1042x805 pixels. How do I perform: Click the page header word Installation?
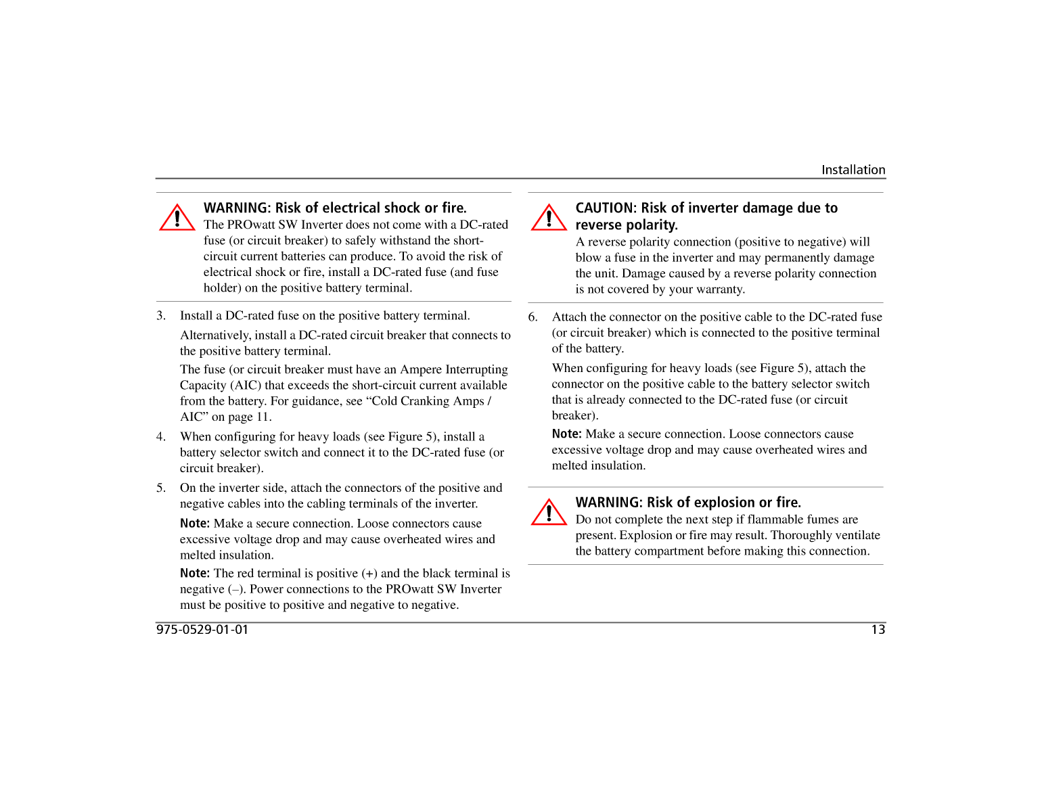point(853,170)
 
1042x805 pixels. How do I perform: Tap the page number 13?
point(878,630)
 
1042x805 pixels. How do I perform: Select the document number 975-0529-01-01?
point(202,630)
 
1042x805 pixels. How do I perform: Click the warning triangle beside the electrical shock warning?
point(177,218)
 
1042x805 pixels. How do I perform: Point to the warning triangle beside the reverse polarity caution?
point(549,218)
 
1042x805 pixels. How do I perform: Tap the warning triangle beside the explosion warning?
point(549,512)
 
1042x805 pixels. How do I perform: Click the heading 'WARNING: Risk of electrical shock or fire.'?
point(335,208)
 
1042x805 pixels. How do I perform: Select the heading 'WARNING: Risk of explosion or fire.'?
point(687,502)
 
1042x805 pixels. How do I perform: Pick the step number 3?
point(160,316)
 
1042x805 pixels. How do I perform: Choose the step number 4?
point(160,437)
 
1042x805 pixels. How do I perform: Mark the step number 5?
point(160,488)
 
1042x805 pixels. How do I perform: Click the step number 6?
point(533,317)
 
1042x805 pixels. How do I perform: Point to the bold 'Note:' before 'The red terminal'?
point(195,573)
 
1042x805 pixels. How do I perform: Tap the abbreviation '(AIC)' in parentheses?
point(246,386)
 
